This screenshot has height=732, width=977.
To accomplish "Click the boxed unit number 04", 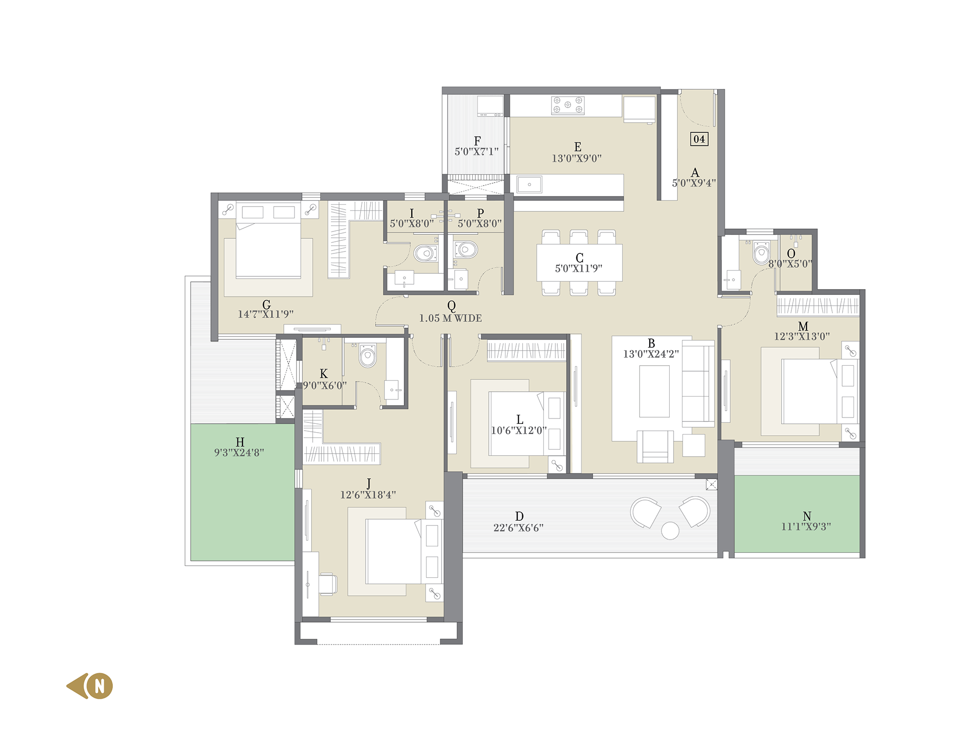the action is [699, 139].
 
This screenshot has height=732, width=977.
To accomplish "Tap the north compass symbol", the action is [90, 686].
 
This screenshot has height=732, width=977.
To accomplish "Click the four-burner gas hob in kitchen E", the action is [568, 105].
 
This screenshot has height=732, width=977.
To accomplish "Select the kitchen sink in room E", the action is [530, 185].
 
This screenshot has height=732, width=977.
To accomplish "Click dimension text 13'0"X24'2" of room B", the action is [651, 354].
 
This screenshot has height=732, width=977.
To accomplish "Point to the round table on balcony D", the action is [670, 530].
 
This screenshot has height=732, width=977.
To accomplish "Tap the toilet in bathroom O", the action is [761, 252].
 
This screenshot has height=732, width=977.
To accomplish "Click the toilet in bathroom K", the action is [368, 356].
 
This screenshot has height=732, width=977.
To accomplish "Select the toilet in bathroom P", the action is [466, 250].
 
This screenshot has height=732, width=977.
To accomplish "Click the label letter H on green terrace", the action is [240, 442].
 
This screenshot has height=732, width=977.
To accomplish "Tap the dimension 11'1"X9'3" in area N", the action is [806, 526].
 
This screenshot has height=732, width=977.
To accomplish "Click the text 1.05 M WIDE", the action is [450, 318].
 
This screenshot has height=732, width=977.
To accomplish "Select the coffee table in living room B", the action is [655, 391].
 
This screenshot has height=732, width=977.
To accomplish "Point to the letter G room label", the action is [266, 305].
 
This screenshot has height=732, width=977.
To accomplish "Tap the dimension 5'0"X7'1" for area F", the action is [477, 152].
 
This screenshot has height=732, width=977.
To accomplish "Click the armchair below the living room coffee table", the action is [655, 446].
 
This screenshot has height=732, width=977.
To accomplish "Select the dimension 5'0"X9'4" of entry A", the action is [694, 183].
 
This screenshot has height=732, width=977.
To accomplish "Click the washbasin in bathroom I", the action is [404, 278].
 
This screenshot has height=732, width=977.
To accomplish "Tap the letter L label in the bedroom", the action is [520, 419].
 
